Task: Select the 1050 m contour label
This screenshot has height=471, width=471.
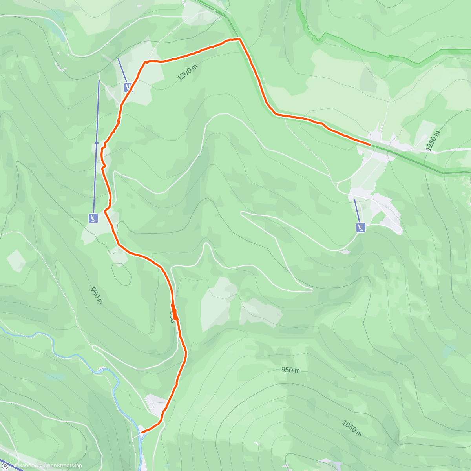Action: (351, 428)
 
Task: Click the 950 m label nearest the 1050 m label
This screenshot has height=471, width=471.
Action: (290, 370)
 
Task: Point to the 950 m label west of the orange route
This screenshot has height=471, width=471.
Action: (97, 296)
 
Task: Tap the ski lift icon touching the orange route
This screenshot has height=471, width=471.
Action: (128, 87)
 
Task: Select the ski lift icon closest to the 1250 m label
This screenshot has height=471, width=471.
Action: (360, 227)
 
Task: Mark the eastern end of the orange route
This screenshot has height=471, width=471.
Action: (370, 145)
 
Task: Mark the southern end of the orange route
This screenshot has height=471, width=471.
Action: (142, 432)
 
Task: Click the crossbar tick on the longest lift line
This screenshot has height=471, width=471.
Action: (96, 143)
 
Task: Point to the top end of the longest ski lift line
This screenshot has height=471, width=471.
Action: (99, 80)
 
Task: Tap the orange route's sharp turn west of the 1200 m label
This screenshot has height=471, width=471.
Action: (145, 62)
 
